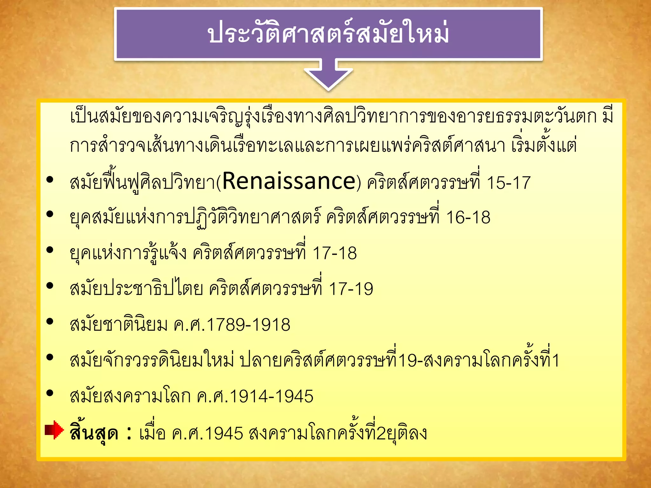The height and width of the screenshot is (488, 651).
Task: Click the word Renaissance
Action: (289, 181)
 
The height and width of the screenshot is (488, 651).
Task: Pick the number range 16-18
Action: (468, 218)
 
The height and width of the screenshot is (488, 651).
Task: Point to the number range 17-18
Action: (334, 254)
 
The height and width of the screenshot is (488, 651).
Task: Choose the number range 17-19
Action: (351, 289)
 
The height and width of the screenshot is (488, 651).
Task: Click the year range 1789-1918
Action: (248, 325)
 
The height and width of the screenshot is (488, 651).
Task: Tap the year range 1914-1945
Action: (271, 396)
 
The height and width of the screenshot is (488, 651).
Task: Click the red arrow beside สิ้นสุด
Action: (54, 430)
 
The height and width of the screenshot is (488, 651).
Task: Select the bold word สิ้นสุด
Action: (94, 432)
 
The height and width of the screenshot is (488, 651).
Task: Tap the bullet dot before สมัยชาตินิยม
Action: (50, 322)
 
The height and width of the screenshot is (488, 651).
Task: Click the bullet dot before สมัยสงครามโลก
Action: (50, 393)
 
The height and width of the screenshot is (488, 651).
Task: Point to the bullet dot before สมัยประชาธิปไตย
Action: (50, 286)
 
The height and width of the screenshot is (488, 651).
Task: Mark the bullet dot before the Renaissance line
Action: (50, 180)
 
